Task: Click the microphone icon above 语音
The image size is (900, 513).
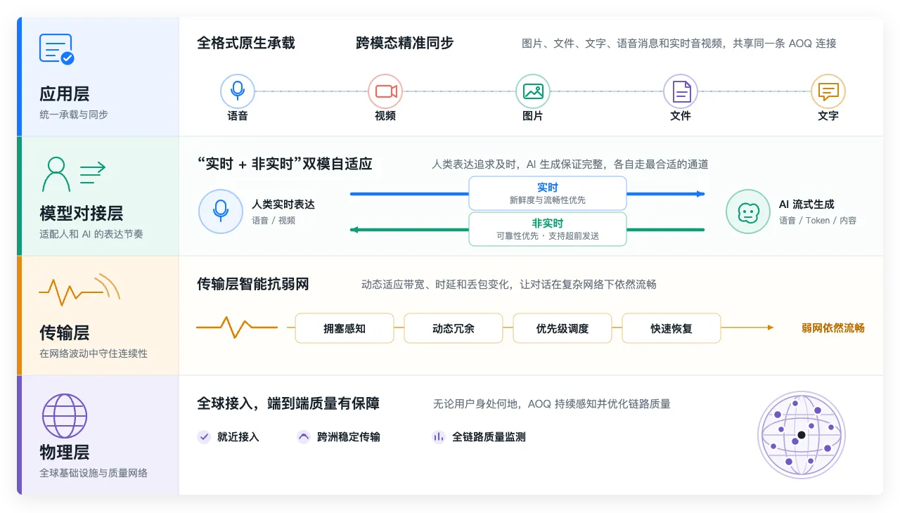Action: (x=238, y=91)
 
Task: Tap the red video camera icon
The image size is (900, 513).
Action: (x=386, y=91)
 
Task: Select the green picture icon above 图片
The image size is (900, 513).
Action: (x=533, y=91)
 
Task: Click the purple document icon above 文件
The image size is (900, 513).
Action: (x=681, y=91)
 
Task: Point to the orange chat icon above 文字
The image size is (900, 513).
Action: (x=828, y=91)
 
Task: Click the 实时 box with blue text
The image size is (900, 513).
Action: (x=547, y=193)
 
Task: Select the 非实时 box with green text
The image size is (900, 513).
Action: (x=547, y=229)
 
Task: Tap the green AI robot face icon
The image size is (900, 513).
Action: (x=748, y=212)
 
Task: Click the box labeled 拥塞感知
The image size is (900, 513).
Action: (x=345, y=328)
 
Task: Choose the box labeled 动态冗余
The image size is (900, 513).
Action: (x=454, y=328)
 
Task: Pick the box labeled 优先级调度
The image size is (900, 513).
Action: (x=562, y=328)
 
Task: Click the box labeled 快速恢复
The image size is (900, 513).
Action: (x=671, y=328)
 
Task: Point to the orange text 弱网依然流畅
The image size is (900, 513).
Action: (x=833, y=328)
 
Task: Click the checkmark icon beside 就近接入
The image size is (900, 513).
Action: (x=204, y=436)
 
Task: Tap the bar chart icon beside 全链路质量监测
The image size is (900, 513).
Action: (x=439, y=436)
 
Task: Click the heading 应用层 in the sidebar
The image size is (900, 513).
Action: (x=64, y=94)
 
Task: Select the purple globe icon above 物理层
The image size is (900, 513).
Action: (x=65, y=416)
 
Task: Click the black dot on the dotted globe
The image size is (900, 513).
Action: (x=802, y=435)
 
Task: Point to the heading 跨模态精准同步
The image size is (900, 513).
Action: (x=404, y=43)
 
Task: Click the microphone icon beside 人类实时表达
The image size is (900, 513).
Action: (x=221, y=212)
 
